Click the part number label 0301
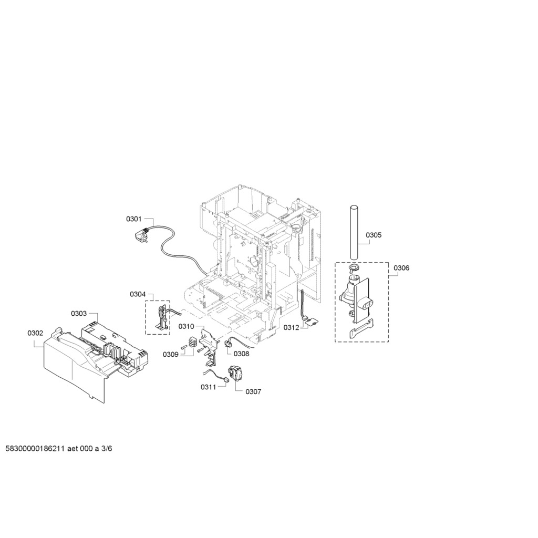pyautogui.click(x=134, y=219)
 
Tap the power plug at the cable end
pyautogui.click(x=141, y=235)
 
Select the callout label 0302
pyautogui.click(x=35, y=333)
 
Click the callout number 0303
pyautogui.click(x=79, y=314)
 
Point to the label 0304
pyautogui.click(x=138, y=294)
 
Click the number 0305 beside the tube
pyautogui.click(x=374, y=235)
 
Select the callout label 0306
pyautogui.click(x=401, y=268)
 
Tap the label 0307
pyautogui.click(x=253, y=392)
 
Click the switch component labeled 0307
pyautogui.click(x=235, y=373)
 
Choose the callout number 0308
pyautogui.click(x=242, y=354)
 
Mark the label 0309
pyautogui.click(x=171, y=355)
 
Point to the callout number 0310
pyautogui.click(x=187, y=326)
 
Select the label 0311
pyautogui.click(x=209, y=387)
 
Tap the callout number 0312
pyautogui.click(x=291, y=328)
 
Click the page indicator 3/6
pyautogui.click(x=106, y=449)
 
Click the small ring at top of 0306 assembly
pyautogui.click(x=353, y=267)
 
